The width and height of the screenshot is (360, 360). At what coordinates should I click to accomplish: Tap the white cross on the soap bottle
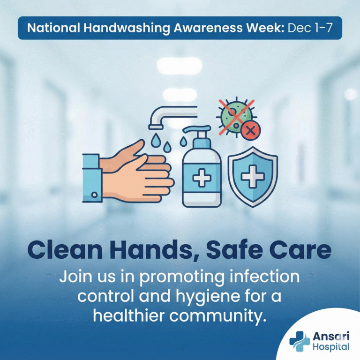[x=202, y=179]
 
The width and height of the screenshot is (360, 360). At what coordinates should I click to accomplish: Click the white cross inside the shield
[x=252, y=177]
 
